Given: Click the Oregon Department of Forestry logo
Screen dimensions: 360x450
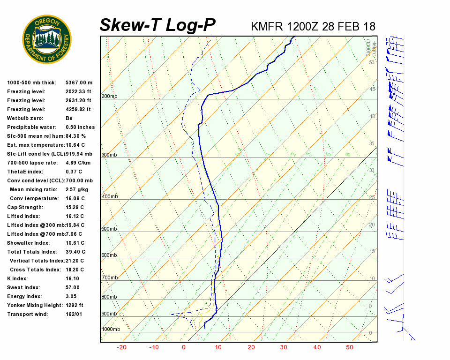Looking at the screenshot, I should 47,39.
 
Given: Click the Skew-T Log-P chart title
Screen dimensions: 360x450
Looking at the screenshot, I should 157,25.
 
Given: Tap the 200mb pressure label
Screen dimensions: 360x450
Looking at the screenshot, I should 109,97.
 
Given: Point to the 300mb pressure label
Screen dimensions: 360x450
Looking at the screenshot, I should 109,155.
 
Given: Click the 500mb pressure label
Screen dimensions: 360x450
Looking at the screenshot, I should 109,229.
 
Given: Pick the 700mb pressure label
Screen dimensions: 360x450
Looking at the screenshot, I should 109,278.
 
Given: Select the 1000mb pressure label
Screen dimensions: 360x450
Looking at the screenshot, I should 111,329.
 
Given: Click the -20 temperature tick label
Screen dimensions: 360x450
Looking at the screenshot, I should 121,347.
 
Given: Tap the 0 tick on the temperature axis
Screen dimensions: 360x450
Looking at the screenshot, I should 184,347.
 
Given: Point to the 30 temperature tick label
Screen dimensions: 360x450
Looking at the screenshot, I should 284,347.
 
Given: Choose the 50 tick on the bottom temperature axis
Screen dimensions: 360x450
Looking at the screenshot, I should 350,347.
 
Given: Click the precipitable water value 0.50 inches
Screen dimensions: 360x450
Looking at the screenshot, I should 80,127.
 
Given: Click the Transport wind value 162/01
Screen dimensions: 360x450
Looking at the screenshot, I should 74,314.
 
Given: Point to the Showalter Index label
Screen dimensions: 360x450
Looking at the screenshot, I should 28,243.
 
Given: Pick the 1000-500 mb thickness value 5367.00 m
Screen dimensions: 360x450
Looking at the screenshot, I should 79,82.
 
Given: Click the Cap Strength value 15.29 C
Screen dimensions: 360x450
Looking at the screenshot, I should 75,207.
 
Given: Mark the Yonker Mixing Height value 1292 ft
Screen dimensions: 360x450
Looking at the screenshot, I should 75,305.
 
